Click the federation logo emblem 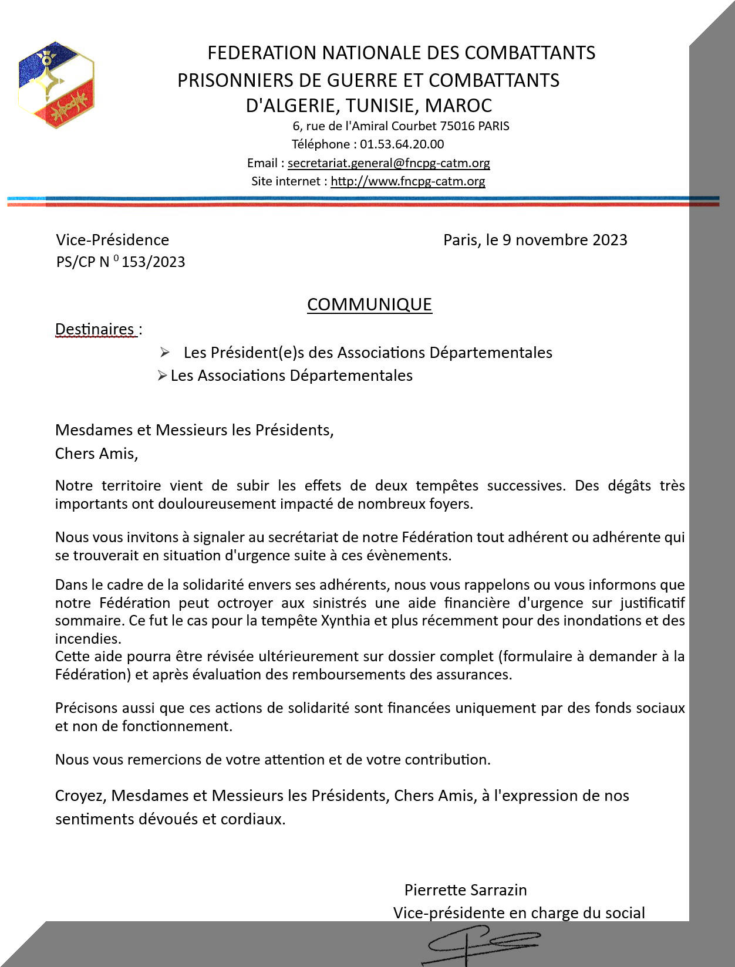(56, 85)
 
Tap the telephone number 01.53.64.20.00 (402, 144)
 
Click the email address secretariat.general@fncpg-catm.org (389, 163)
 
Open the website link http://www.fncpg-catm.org (407, 181)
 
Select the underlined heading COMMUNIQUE (369, 304)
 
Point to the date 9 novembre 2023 (565, 240)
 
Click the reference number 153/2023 (153, 262)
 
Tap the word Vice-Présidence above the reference (112, 240)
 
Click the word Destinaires (95, 329)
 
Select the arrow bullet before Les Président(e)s (164, 352)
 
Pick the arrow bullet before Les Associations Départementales (162, 376)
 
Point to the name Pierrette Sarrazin (466, 890)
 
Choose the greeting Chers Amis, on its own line (96, 454)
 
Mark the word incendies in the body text (87, 638)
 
